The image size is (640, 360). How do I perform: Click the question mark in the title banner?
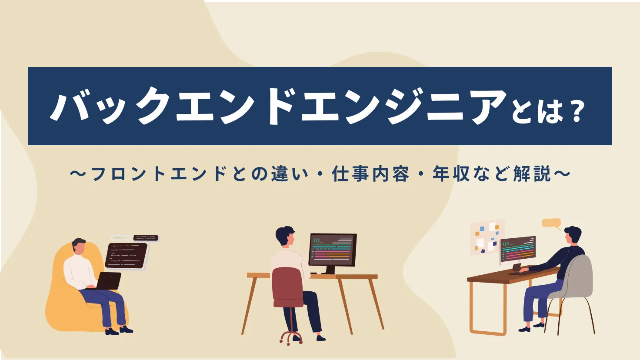577,112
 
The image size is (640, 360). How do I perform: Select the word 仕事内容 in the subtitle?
370,174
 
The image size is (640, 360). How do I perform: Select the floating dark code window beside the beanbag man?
126,255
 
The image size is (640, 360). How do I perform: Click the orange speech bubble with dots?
551,223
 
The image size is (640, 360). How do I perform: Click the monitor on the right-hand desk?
518,249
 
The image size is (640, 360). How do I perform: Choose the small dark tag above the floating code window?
146,238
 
